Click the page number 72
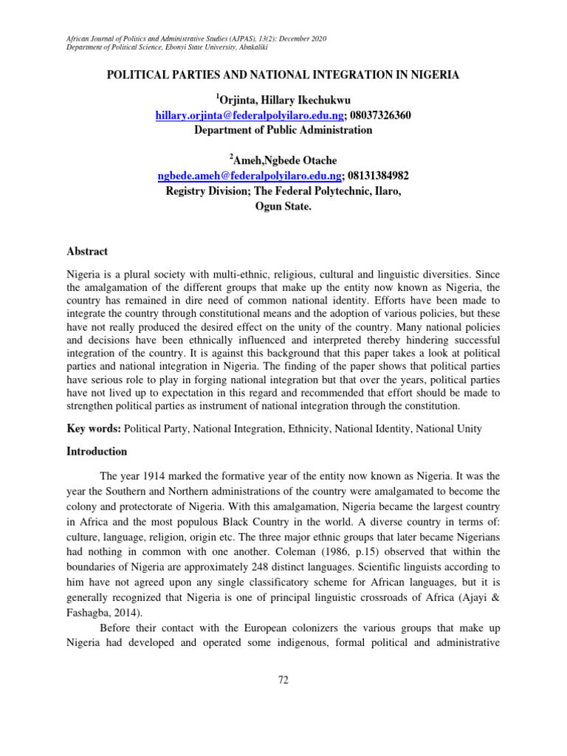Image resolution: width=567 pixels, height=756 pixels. pyautogui.click(x=283, y=679)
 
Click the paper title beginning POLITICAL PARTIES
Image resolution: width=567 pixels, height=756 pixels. pyautogui.click(x=283, y=75)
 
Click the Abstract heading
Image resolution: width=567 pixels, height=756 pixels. pyautogui.click(x=87, y=252)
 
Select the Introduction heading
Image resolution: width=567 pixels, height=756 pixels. pyautogui.click(x=97, y=451)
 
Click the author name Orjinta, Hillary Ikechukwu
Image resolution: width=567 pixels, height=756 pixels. pyautogui.click(x=285, y=100)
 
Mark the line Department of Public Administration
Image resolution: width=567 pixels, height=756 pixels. pyautogui.click(x=283, y=130)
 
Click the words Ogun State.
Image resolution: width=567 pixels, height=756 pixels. pyautogui.click(x=283, y=208)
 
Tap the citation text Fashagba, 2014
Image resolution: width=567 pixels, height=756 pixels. pyautogui.click(x=103, y=599)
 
